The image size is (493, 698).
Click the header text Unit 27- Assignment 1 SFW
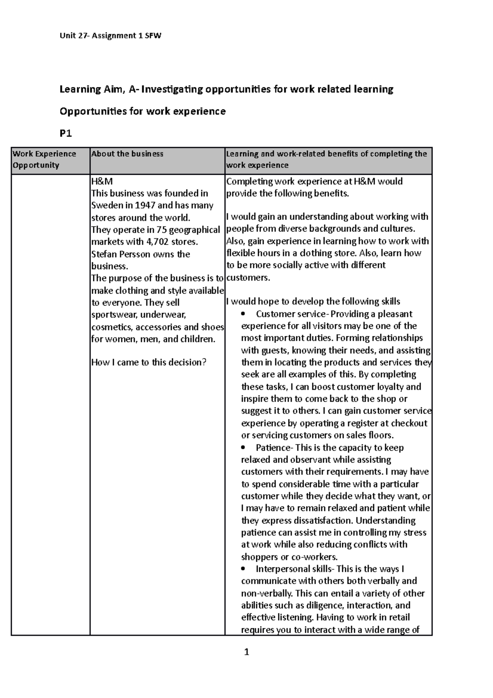(x=111, y=36)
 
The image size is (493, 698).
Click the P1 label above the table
(x=66, y=133)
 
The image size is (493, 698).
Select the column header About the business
(x=127, y=154)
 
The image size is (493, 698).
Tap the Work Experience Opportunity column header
(x=44, y=159)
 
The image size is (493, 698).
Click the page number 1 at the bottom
(x=246, y=652)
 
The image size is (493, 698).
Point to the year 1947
(x=150, y=205)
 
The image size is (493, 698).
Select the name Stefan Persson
(x=121, y=254)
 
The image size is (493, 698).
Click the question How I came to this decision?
(x=148, y=363)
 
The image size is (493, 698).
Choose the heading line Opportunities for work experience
(x=143, y=111)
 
